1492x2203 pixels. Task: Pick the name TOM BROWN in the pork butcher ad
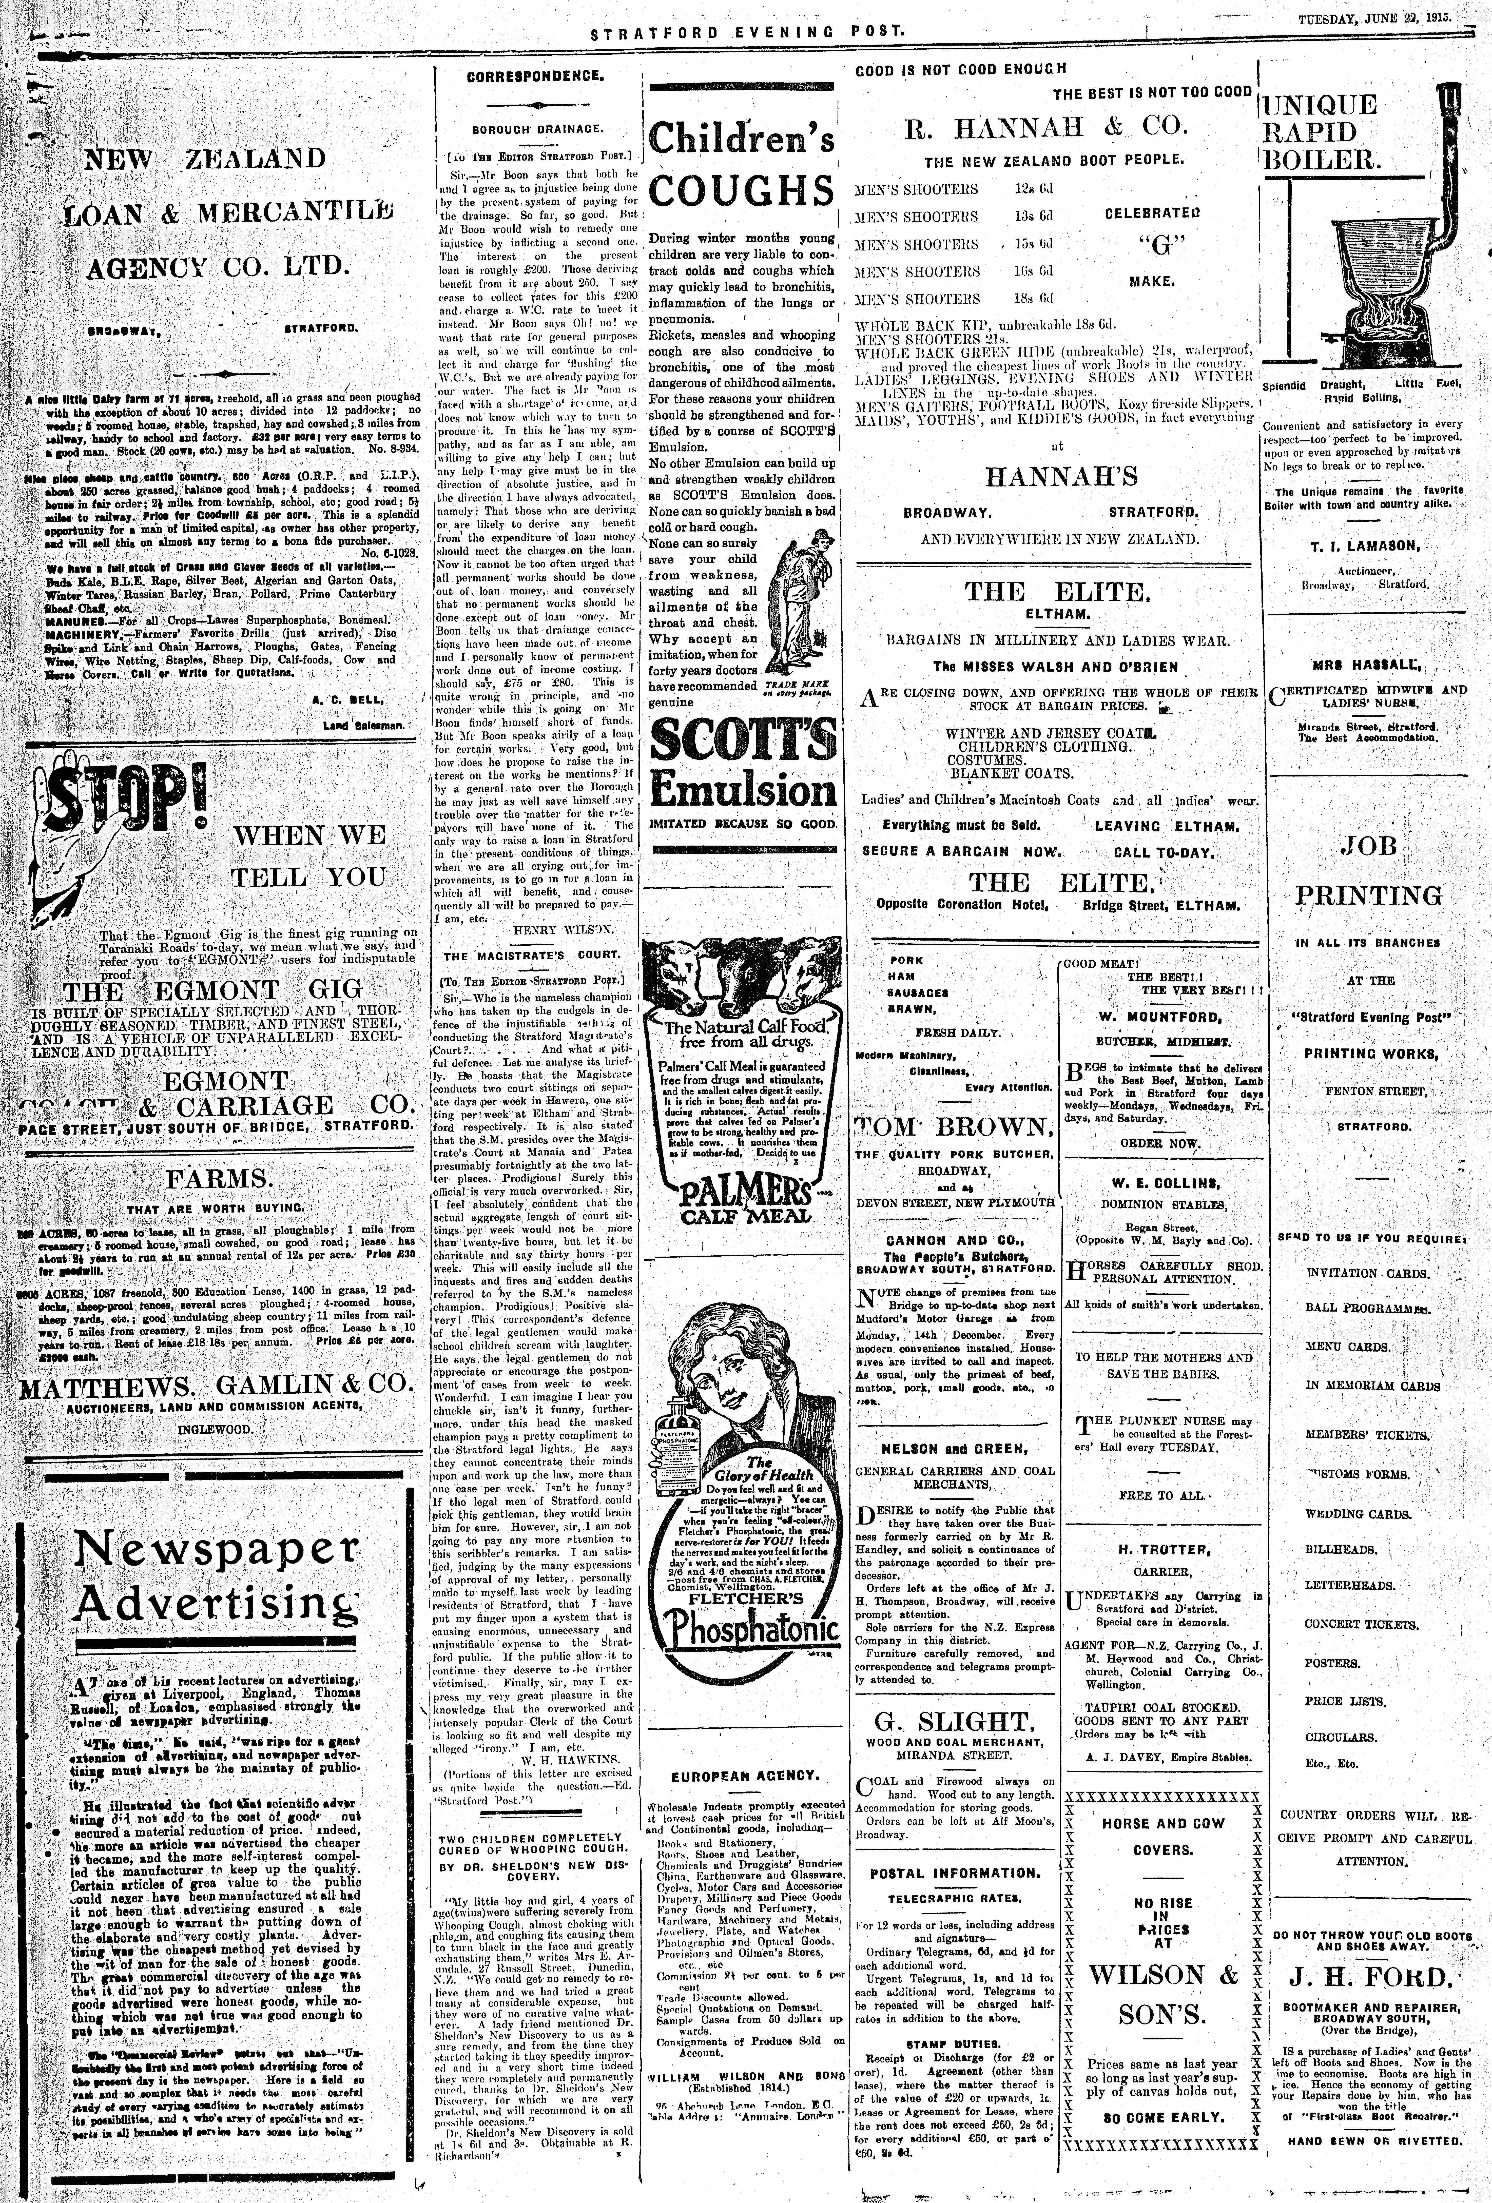point(955,1127)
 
